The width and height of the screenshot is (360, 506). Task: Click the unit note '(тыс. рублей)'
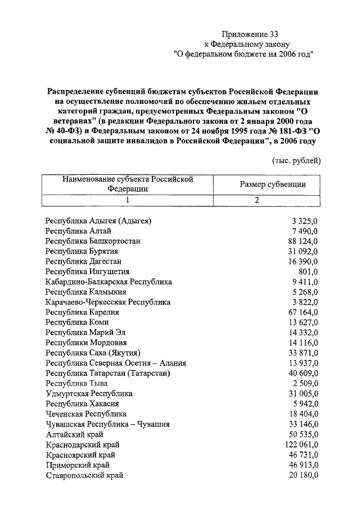pos(296,160)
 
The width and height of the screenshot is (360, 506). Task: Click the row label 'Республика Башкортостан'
pos(93,241)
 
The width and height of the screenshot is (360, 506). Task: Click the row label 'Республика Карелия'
pos(83,312)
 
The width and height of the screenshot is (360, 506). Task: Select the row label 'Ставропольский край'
pos(84,475)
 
